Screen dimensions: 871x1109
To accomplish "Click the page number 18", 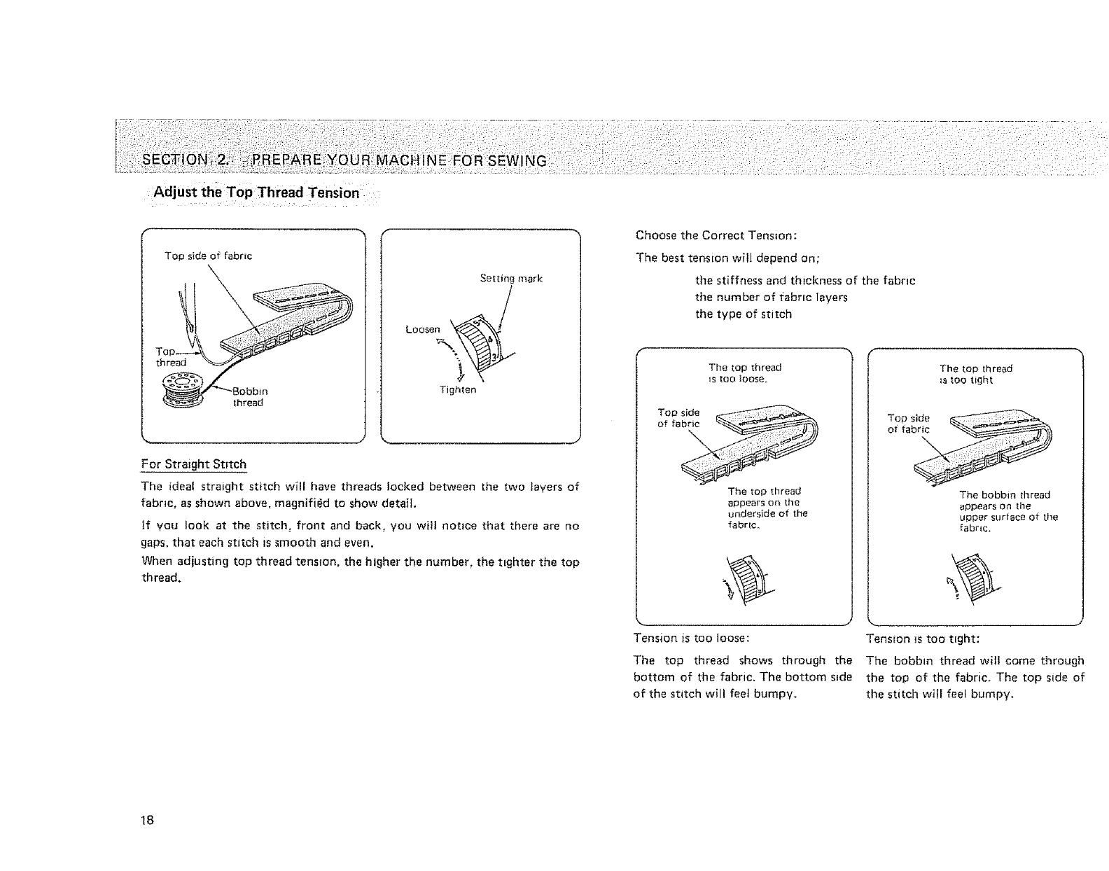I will [147, 820].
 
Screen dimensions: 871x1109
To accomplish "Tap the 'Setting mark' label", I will [511, 279].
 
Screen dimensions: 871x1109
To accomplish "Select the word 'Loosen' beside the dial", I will [423, 329].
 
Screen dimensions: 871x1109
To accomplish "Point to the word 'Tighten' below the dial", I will [457, 390].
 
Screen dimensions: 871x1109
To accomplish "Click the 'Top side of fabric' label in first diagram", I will [208, 256].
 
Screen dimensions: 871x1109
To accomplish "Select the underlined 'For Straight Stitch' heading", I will [194, 464].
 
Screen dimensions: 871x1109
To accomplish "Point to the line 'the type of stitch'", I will [743, 314].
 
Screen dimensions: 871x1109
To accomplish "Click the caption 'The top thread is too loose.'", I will [744, 372].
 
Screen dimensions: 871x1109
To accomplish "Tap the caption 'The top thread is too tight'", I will [975, 374].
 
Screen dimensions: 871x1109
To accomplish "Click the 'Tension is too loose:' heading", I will [692, 639].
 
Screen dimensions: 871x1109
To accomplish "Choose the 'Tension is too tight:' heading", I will [922, 639].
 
